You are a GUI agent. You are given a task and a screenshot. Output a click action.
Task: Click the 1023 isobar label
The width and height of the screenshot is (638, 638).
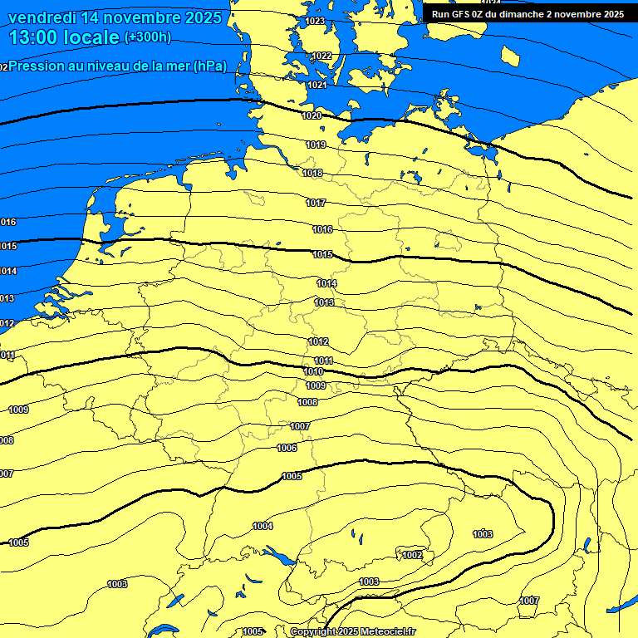(315, 21)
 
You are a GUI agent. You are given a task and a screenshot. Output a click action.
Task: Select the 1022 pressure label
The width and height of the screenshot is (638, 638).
(322, 56)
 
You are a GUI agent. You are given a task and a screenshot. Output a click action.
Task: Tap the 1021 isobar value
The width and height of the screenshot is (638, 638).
(317, 85)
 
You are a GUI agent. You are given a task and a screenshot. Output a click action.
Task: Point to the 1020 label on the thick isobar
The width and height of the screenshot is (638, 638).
(312, 115)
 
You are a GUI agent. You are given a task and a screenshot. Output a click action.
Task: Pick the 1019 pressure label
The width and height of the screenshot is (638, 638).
(316, 145)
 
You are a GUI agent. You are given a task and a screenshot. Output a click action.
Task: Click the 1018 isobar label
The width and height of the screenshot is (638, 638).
(313, 173)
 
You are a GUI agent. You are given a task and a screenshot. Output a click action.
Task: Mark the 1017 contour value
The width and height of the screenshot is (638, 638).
(316, 203)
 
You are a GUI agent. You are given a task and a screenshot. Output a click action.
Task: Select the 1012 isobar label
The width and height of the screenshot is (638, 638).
(318, 341)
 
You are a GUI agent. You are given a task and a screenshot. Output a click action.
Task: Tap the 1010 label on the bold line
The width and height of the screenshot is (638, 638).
(314, 371)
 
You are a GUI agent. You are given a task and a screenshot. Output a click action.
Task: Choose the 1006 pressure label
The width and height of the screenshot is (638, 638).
(287, 448)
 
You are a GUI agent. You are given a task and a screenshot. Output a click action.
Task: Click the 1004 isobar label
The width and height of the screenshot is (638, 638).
(263, 526)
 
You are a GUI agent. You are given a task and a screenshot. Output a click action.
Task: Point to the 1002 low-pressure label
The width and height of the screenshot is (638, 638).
(412, 555)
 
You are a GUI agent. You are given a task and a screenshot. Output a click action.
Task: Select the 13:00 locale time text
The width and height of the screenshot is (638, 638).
(64, 37)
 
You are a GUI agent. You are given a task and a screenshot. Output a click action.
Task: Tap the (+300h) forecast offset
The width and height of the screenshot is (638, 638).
(147, 37)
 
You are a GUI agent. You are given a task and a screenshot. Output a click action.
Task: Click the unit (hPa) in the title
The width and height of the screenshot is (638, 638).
(209, 66)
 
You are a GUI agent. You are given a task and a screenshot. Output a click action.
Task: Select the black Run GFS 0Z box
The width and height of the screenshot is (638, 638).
(528, 14)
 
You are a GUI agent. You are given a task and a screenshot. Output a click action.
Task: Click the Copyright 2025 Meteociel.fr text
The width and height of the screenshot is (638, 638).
(352, 631)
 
